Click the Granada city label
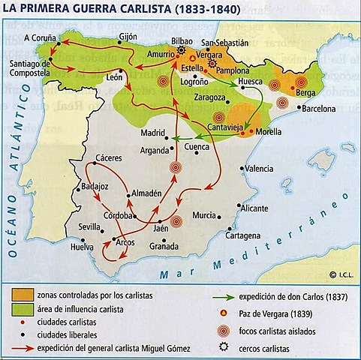[x=164, y=246]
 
